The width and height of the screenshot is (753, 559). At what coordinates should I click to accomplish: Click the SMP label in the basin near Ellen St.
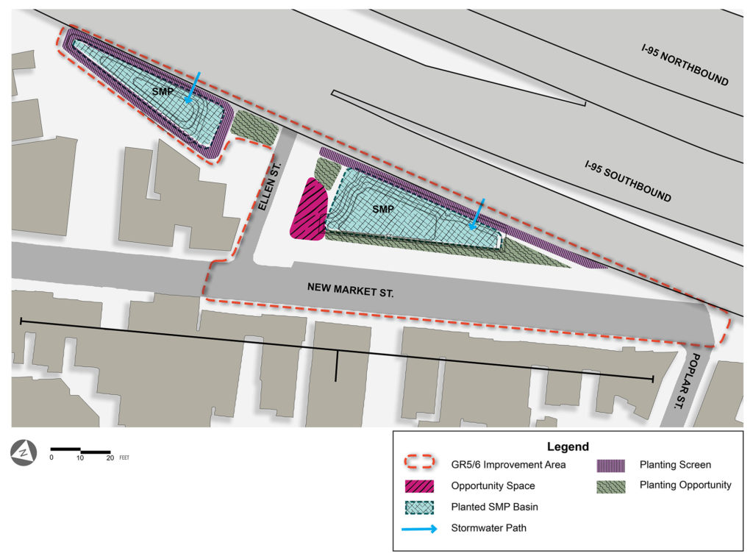(383, 210)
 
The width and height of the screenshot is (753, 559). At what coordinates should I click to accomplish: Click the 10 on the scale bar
(80, 457)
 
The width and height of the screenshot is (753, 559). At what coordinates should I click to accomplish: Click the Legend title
(568, 446)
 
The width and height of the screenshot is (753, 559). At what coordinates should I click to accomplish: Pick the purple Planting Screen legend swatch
(610, 465)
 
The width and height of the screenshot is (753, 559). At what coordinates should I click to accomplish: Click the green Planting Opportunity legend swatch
(610, 485)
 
